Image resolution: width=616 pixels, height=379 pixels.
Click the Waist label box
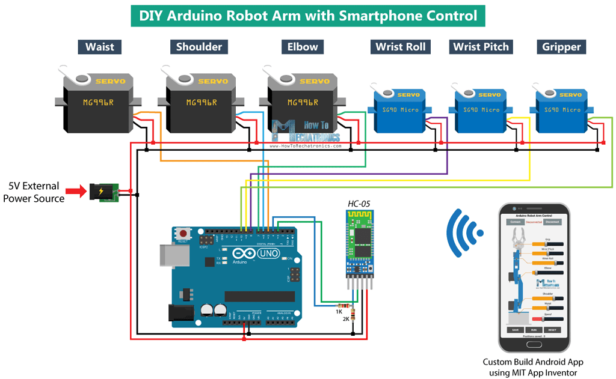click(x=100, y=47)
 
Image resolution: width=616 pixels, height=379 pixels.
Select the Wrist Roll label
click(x=401, y=47)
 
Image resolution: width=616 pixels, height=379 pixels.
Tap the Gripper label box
click(x=561, y=47)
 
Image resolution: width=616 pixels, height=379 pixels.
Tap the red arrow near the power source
click(x=76, y=192)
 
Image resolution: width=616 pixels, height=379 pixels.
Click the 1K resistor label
click(x=339, y=311)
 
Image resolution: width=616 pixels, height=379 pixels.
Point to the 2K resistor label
click(x=346, y=319)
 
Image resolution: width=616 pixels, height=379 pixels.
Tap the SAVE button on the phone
click(x=515, y=330)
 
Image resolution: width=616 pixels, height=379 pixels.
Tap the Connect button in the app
click(x=515, y=222)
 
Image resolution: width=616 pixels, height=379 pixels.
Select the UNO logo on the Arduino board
click(x=268, y=253)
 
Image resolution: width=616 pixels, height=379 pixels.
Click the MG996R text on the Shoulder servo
click(x=202, y=102)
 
